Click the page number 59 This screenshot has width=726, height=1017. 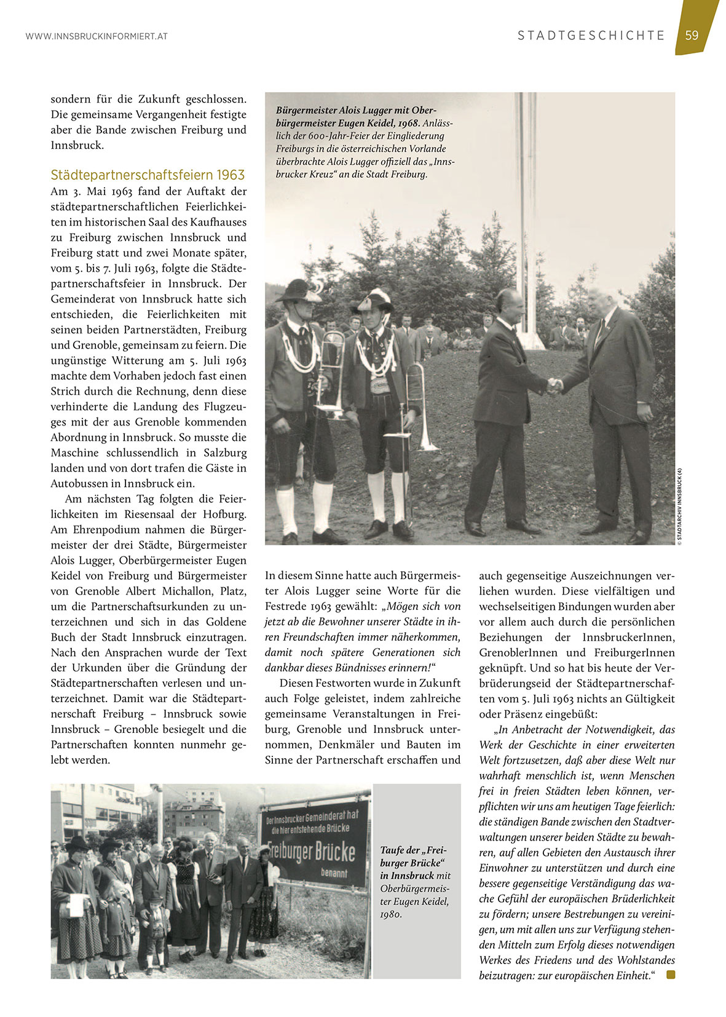[x=692, y=35]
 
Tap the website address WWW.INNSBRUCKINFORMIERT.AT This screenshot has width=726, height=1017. [x=97, y=36]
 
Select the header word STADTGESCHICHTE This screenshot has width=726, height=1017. [x=591, y=36]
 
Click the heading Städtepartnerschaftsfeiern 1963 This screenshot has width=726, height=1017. [x=148, y=175]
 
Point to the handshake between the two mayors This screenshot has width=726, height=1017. [x=554, y=386]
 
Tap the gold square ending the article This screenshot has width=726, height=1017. [x=670, y=975]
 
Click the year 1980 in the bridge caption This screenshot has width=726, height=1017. [x=391, y=914]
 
